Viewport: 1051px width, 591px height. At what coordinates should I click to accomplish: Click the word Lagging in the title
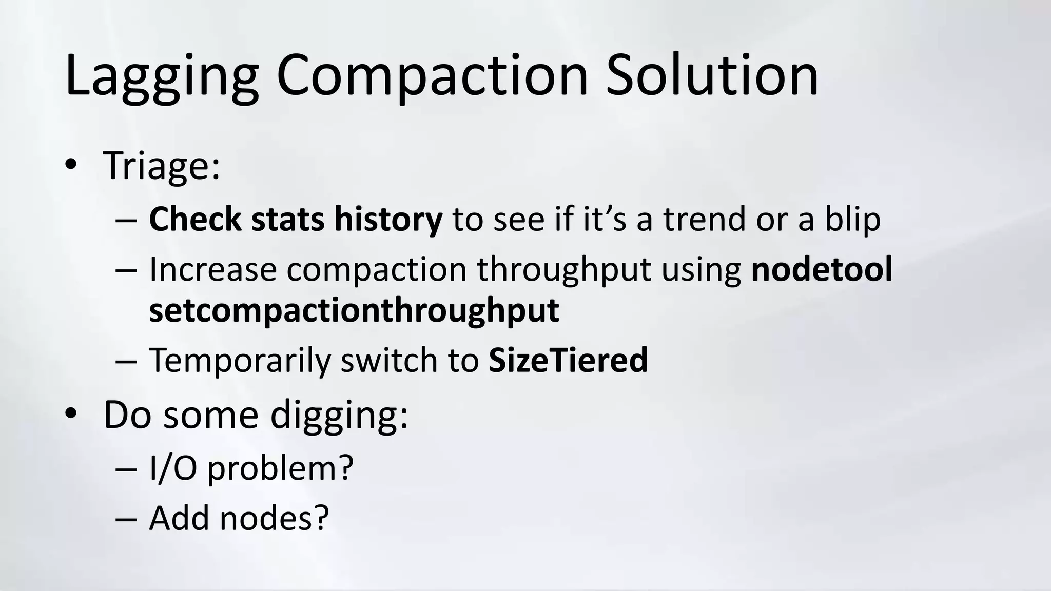tap(161, 77)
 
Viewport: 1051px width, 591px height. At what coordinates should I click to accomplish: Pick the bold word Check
tap(194, 219)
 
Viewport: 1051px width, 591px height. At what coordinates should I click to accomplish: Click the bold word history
tap(388, 219)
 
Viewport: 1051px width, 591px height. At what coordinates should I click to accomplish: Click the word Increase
tap(212, 269)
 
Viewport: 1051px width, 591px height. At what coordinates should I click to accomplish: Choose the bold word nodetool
tap(822, 269)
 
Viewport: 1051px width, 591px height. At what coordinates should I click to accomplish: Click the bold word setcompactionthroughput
tap(354, 310)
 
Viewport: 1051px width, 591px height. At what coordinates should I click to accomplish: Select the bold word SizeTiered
tap(568, 360)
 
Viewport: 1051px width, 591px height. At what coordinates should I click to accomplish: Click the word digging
tap(339, 415)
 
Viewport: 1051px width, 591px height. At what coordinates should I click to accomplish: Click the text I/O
tap(173, 468)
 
